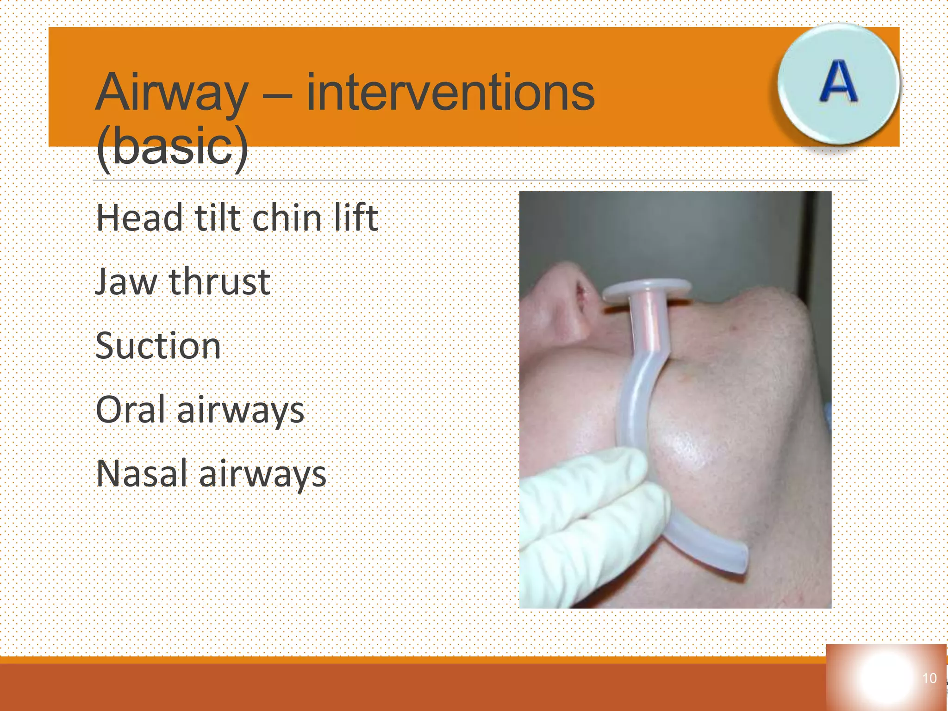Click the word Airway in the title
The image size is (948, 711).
tap(171, 94)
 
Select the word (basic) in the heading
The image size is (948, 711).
tap(172, 147)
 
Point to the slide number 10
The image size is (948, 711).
tap(929, 679)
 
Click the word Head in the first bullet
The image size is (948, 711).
tap(139, 218)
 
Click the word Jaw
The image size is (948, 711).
tap(126, 282)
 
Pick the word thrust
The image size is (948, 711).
tap(219, 282)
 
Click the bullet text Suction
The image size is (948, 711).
tap(158, 346)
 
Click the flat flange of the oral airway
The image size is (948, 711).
tap(647, 288)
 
